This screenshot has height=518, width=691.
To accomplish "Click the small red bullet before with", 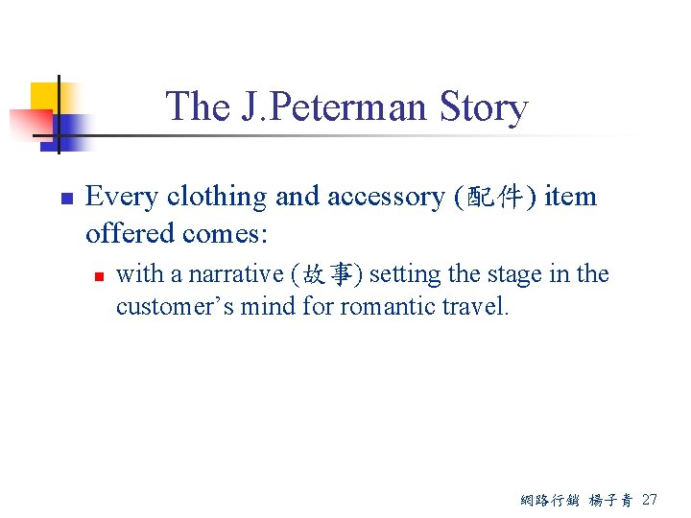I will point(98,276).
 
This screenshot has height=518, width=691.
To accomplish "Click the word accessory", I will point(386,197).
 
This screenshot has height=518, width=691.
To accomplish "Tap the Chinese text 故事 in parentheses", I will point(326,275).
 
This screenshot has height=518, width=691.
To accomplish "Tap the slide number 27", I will point(650,499).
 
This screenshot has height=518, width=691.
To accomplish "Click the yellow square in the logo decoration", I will point(45,96).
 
